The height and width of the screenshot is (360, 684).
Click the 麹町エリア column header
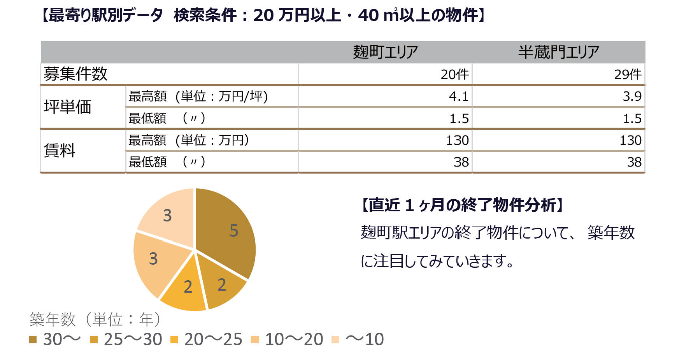385,52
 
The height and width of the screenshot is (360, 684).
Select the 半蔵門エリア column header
558,52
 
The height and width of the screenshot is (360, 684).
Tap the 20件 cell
454,74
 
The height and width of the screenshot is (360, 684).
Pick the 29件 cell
628,74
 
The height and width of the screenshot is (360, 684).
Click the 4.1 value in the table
459,96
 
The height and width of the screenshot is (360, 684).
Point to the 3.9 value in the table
632,96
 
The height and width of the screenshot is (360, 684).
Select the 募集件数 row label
75,74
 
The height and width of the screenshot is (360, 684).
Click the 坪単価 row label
67,107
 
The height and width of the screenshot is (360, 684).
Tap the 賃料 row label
60,150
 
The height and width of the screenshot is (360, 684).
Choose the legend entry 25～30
126,339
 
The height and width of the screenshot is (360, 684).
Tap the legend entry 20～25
207,339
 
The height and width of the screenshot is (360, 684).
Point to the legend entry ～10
358,339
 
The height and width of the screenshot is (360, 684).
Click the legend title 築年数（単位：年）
95,320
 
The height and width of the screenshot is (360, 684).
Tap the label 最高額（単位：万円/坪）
198,96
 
